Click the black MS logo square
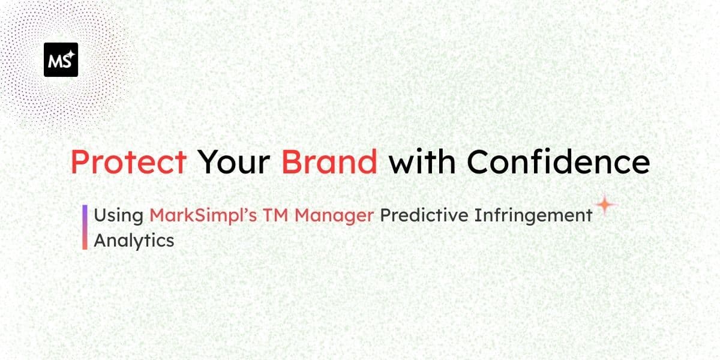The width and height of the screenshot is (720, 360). pos(61,59)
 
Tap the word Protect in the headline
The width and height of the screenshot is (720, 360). pos(128,161)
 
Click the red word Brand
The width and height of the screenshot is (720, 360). pos(329,161)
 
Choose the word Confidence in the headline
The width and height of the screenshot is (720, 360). pos(558,161)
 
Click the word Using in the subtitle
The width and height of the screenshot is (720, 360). pos(118,215)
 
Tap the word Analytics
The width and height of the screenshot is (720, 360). pos(134,241)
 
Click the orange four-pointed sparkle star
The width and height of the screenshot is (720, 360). pos(606,205)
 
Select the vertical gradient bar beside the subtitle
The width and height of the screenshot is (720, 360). pos(85,227)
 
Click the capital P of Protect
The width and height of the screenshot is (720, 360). pos(79,161)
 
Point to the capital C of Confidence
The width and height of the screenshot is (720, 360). pos(478,161)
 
